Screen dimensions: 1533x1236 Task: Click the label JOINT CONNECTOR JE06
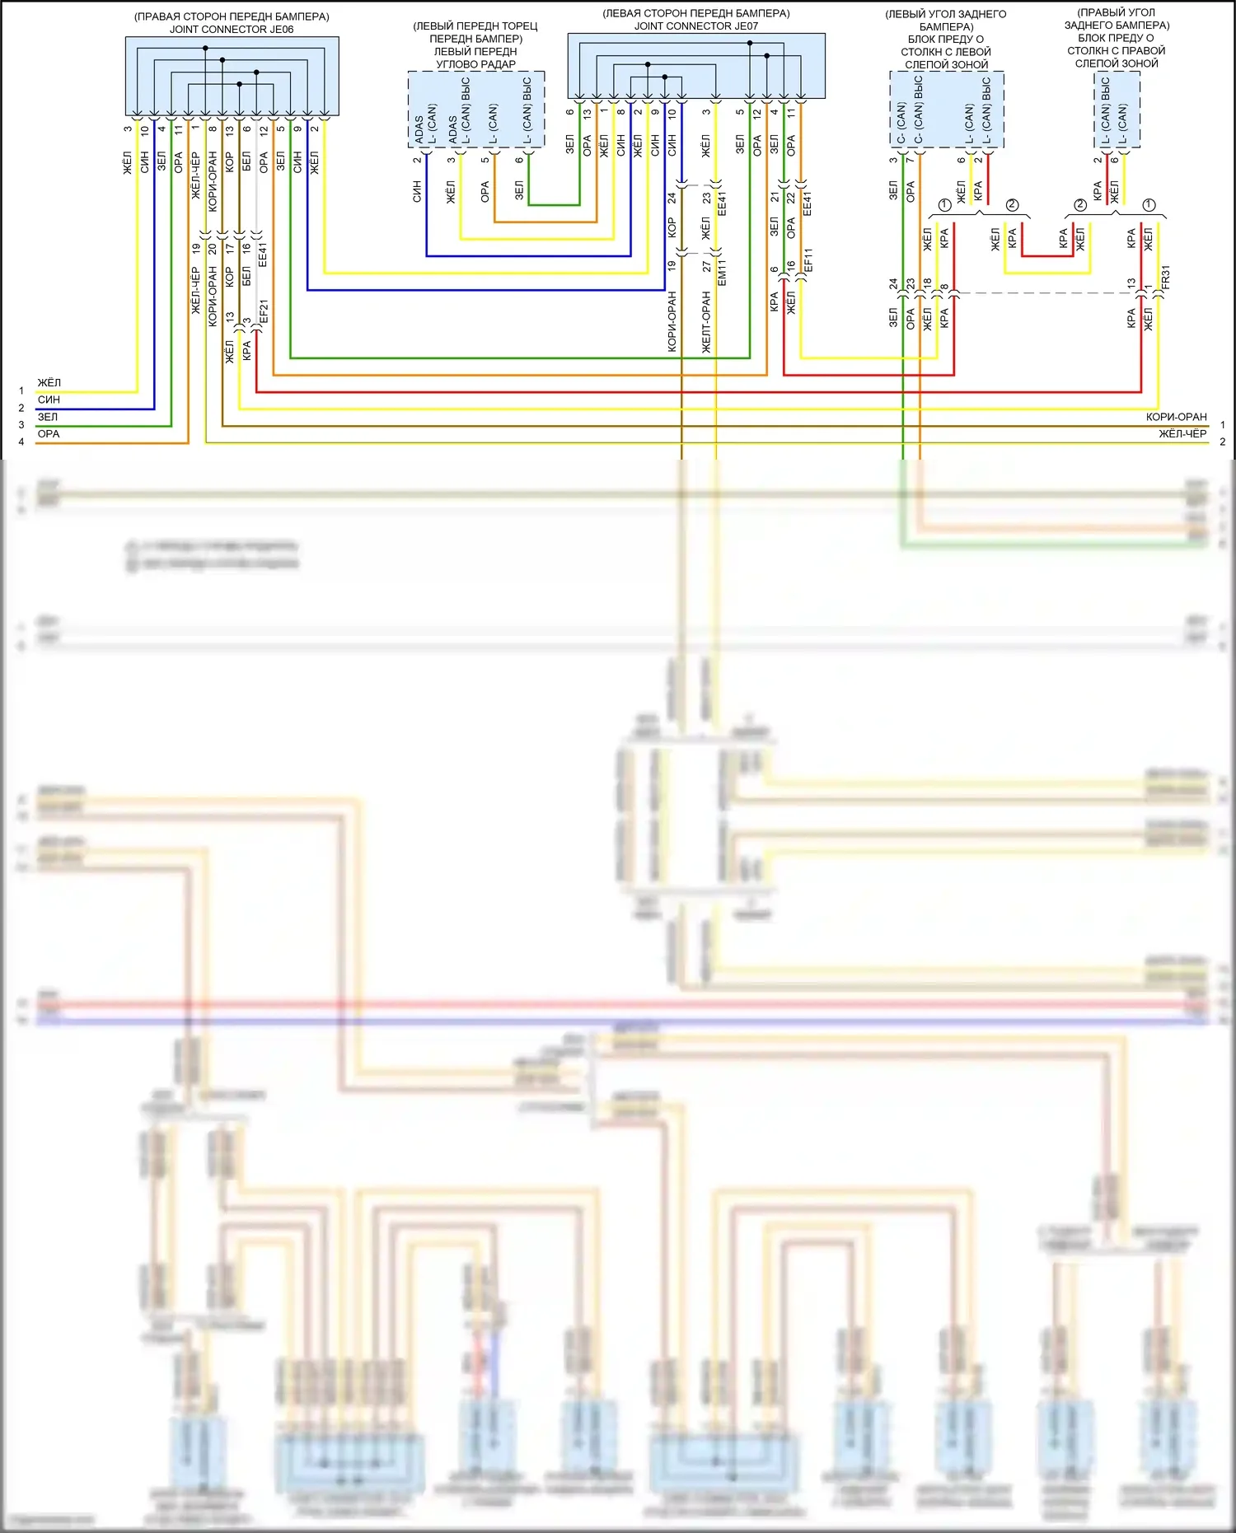232,30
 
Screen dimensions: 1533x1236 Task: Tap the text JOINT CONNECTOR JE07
696,26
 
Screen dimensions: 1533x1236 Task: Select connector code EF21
264,311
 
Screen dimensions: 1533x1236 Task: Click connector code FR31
1165,277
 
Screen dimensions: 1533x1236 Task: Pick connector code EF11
808,260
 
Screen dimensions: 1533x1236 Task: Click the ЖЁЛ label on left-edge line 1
49,383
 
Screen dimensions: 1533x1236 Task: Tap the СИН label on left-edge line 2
49,400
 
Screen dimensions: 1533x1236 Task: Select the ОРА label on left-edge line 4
49,434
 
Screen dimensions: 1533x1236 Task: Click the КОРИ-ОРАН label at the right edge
1176,417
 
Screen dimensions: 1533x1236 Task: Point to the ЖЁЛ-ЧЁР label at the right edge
1182,434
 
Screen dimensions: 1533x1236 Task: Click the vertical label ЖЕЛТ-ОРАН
706,322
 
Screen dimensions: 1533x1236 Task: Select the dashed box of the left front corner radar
476,109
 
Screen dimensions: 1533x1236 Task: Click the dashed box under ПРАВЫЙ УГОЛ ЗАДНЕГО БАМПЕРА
1117,109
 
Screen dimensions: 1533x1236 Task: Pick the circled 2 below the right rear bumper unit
1080,205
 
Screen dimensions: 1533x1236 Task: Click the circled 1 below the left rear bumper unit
945,205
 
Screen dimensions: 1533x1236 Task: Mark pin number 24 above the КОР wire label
672,198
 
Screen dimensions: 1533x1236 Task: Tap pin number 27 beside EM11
706,267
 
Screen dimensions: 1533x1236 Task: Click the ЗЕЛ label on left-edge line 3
48,417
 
